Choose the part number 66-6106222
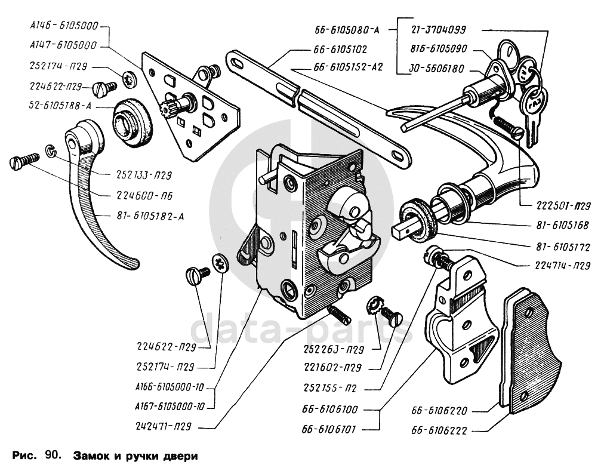pyautogui.click(x=439, y=430)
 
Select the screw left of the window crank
pyautogui.click(x=23, y=162)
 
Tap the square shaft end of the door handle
pyautogui.click(x=403, y=229)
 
